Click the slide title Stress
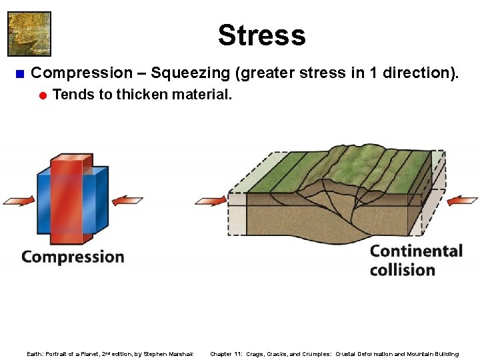click(x=261, y=35)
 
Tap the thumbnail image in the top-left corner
click(x=29, y=33)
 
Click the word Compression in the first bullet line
click(x=82, y=73)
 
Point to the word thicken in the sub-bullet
click(x=142, y=94)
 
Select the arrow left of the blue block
click(x=18, y=200)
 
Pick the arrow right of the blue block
click(x=127, y=200)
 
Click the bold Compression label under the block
click(x=73, y=257)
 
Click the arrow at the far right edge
click(x=463, y=200)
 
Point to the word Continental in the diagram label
click(x=416, y=251)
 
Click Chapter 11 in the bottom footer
click(x=226, y=354)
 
